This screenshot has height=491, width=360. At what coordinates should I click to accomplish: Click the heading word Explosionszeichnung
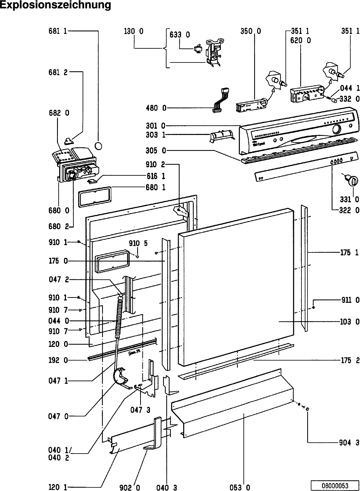coord(56,5)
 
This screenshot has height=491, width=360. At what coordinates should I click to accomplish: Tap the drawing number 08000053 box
coord(335,485)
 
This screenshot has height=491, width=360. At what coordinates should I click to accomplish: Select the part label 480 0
coord(156,108)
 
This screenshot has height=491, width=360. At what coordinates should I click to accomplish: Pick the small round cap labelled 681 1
coord(98,146)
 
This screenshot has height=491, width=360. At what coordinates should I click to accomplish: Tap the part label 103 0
coord(349,322)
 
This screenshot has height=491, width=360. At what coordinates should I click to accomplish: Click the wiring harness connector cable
coord(221,100)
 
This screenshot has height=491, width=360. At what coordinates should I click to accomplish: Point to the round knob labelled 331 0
coord(351,181)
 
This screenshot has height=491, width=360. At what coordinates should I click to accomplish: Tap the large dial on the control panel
coord(336,129)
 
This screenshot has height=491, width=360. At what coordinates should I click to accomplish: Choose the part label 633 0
coord(180,35)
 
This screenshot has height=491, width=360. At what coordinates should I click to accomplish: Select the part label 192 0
coord(58,360)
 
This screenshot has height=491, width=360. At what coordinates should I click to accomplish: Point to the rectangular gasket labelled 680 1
coord(95,197)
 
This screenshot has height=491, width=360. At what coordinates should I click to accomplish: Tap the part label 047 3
coord(140,410)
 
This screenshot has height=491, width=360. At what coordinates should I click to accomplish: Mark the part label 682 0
coord(59,113)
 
